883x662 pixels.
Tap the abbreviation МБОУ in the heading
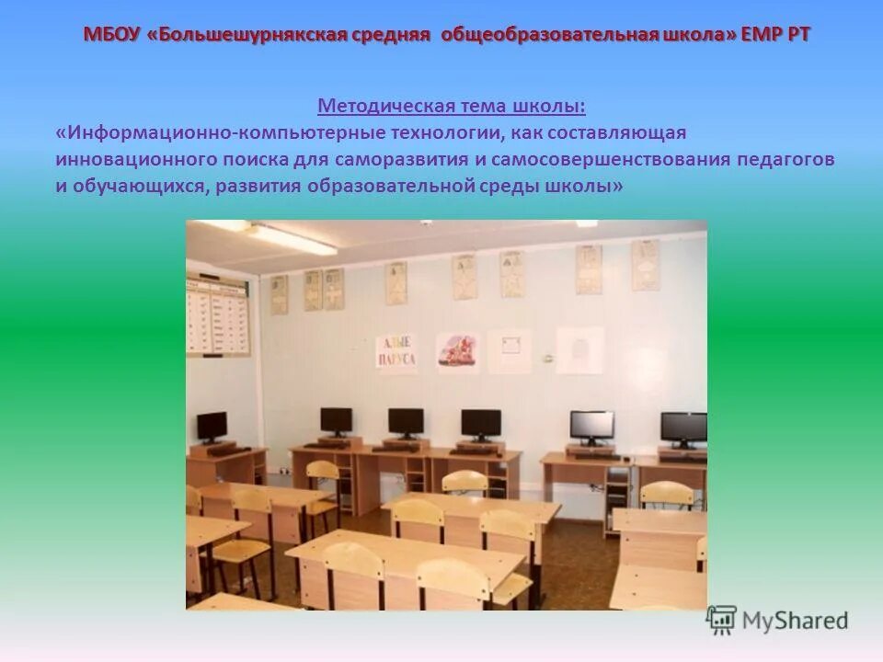pos(111,35)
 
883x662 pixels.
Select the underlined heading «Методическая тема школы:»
pos(451,107)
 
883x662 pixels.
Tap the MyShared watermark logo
pos(777,620)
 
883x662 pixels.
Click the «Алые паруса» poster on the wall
pos(396,352)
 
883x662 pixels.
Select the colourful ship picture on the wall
pos(458,352)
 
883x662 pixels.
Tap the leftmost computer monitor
pos(212,426)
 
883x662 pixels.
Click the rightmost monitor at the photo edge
pos(684,428)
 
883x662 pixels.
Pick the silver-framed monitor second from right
pos(591,426)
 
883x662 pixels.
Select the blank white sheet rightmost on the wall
pos(579,350)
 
